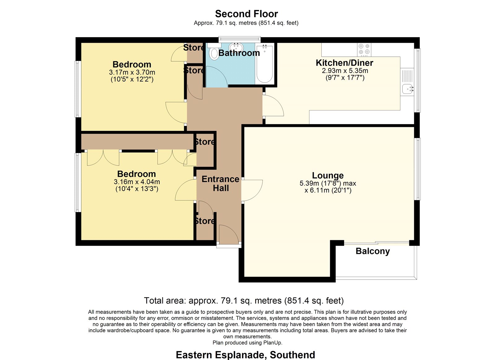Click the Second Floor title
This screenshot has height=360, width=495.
pyautogui.click(x=246, y=14)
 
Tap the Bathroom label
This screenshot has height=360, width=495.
pyautogui.click(x=239, y=53)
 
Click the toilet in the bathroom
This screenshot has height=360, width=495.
pyautogui.click(x=214, y=52)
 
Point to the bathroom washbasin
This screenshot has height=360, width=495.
pyautogui.click(x=236, y=47)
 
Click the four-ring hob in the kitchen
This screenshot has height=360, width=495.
pyautogui.click(x=364, y=50)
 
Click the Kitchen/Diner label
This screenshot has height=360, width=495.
pyautogui.click(x=345, y=63)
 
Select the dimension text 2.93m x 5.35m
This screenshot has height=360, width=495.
pyautogui.click(x=345, y=71)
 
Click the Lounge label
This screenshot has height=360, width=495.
pyautogui.click(x=328, y=175)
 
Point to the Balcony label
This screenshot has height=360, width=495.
pyautogui.click(x=372, y=251)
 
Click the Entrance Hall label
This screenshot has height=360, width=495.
pyautogui.click(x=221, y=184)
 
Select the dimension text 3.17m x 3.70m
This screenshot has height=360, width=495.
pyautogui.click(x=132, y=72)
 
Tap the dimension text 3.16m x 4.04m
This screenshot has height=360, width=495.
pyautogui.click(x=137, y=182)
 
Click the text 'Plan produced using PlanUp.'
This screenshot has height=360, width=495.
pyautogui.click(x=247, y=343)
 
